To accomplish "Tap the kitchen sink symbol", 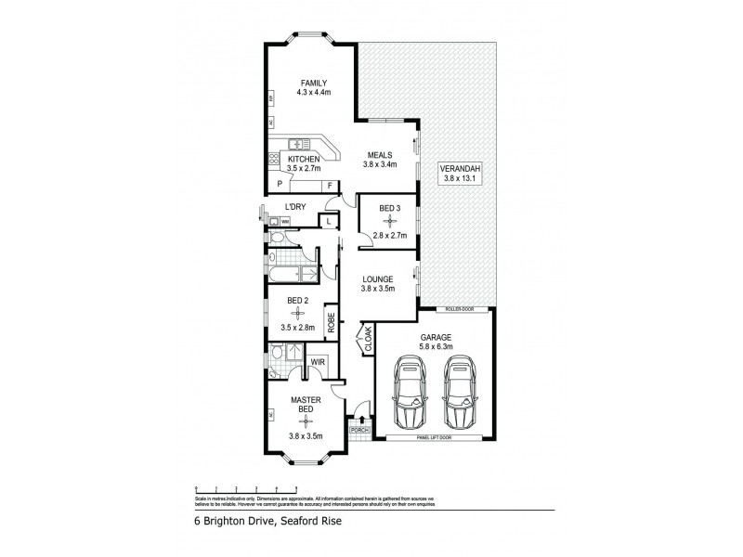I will pos(297,144).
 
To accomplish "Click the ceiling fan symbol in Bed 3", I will pos(387,222).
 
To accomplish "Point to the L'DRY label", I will pos(295,206).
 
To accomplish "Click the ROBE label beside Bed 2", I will pos(330,321).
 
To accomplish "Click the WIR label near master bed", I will pos(316,361).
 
